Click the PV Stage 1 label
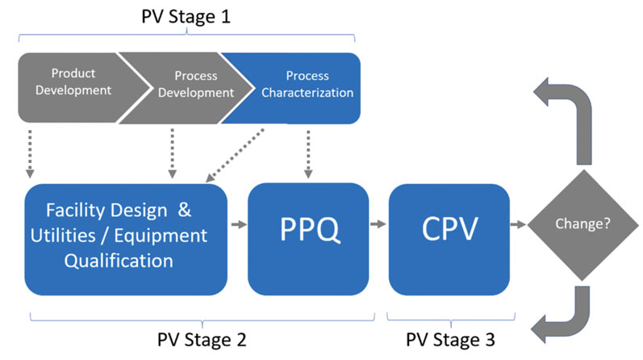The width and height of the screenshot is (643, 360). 187,16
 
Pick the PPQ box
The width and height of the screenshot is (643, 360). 308,237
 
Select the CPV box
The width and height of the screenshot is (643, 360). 449,237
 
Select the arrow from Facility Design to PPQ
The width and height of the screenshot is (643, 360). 237,225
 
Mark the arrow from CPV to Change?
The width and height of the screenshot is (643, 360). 518,225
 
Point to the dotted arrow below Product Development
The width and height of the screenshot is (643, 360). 30,153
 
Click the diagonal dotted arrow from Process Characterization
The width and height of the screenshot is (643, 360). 236,153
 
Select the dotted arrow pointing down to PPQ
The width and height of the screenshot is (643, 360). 308,153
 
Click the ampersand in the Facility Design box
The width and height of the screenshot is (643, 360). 185,211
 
